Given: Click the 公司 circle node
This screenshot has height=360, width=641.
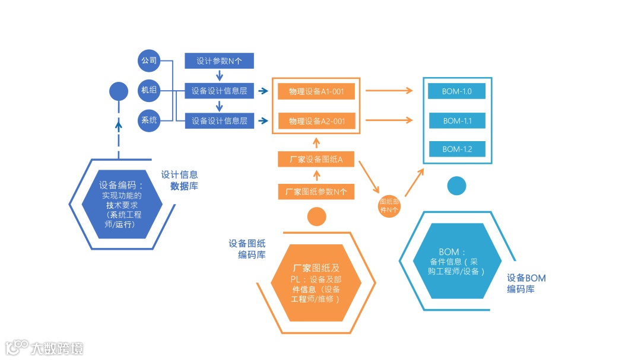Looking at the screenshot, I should click(x=148, y=60).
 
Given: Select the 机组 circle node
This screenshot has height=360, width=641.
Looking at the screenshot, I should click(x=148, y=91).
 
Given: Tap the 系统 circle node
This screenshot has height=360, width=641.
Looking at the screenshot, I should click(x=148, y=121).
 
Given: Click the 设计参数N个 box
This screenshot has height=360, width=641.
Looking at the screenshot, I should click(x=219, y=60).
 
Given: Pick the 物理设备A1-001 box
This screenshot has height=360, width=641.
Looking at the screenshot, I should click(x=316, y=91).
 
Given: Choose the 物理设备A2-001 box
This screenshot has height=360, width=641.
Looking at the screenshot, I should click(x=316, y=121).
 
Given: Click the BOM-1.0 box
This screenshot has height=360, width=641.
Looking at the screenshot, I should click(x=456, y=91).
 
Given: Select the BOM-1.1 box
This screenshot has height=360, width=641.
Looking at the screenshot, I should click(x=456, y=121).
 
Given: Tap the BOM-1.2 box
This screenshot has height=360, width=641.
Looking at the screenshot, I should click(x=456, y=149).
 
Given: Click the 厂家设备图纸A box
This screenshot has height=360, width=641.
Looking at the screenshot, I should click(x=316, y=160).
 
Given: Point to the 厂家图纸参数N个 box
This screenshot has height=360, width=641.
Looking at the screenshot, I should click(x=316, y=192).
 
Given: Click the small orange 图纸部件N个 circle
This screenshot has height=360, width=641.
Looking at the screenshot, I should click(x=390, y=206).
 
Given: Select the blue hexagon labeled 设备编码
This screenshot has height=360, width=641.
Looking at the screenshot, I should click(x=121, y=205).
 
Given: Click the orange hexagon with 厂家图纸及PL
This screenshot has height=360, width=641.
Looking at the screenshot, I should click(x=316, y=283).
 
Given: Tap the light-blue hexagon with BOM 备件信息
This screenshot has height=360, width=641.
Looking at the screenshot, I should click(x=457, y=261).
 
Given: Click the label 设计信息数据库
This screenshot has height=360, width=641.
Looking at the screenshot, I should click(x=179, y=180).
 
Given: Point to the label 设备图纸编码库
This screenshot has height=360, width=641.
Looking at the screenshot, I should click(x=247, y=249).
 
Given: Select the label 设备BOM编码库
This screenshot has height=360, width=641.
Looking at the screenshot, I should click(x=526, y=283).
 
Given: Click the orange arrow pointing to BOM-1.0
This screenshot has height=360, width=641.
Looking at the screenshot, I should click(x=389, y=91).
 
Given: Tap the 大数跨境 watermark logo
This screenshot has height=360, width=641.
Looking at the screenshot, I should click(x=45, y=348).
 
